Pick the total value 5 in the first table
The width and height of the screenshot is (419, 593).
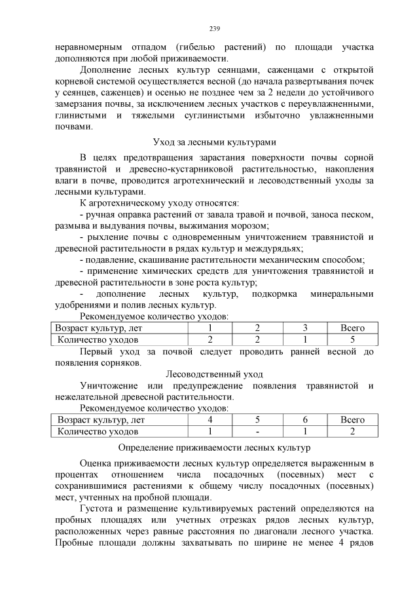[352, 339]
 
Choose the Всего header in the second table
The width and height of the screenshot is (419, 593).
[352, 420]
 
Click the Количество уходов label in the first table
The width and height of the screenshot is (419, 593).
[98, 339]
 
